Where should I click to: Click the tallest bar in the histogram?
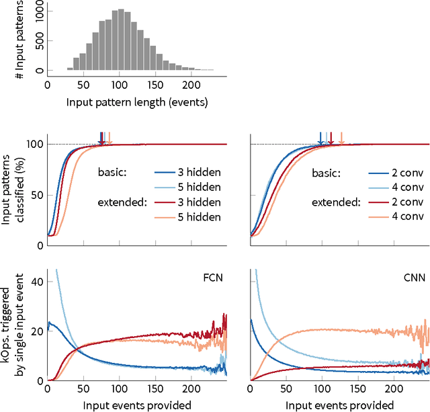click(120, 40)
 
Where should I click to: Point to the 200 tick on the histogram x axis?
click(191, 85)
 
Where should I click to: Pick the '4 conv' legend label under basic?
click(402, 186)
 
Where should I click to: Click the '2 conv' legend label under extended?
click(402, 202)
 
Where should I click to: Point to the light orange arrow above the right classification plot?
click(341, 138)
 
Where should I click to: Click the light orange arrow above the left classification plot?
click(109, 138)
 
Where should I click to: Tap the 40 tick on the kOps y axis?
click(36, 263)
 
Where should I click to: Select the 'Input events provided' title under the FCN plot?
click(137, 405)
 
